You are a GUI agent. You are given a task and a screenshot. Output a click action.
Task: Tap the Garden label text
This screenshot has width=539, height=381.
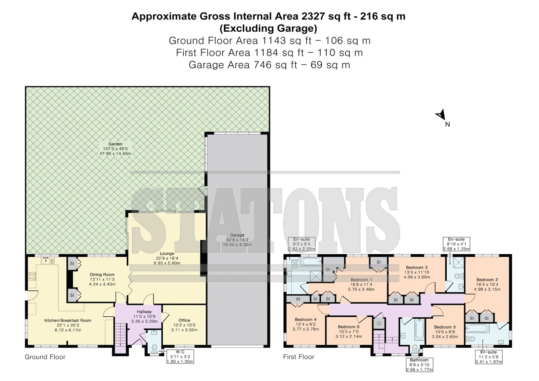pos(115,144)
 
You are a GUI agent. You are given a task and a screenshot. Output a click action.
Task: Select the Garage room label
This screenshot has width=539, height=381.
pos(237,235)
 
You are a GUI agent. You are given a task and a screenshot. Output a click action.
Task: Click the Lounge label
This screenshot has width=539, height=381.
pos(167,253)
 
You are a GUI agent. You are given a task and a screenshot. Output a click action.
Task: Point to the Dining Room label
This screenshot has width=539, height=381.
pos(102,274)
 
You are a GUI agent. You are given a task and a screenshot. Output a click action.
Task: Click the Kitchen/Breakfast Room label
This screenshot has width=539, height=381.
pos(68,320)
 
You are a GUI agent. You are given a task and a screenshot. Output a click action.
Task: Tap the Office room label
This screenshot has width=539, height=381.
pos(184,320)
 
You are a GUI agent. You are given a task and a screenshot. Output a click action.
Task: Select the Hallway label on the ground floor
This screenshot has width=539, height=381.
pos(144,312)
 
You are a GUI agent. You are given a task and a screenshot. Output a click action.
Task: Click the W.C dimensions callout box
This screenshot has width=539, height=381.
pos(180,356)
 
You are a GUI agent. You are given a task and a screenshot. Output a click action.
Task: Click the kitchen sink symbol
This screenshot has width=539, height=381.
pos(46,260)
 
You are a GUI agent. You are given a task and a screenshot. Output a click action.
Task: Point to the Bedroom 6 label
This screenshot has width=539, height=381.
pos(348,327)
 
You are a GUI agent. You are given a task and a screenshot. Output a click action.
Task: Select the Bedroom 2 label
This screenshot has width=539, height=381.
pos(487,279)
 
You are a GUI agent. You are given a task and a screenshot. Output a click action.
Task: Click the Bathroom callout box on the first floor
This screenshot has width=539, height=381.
pos(419,364)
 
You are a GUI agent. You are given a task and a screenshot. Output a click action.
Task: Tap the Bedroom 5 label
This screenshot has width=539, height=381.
pos(445,327)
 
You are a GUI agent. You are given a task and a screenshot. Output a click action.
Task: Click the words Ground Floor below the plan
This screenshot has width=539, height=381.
pos(45,357)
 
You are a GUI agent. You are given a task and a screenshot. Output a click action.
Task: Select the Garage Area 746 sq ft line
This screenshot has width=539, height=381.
pos(269,65)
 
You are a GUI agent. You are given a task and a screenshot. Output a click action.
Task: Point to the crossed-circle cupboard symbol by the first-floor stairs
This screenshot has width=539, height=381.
pos(379,323)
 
